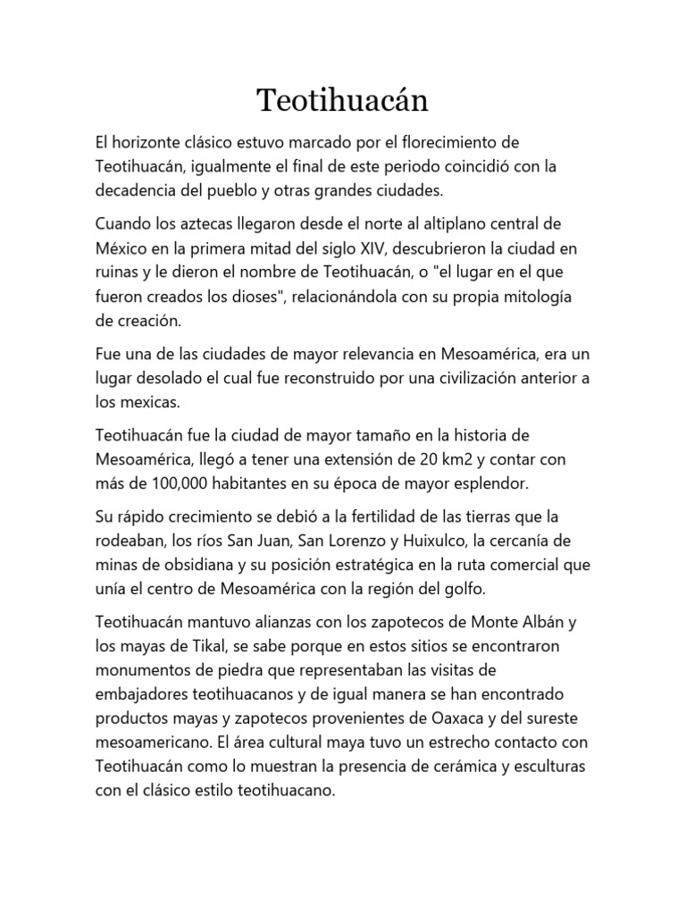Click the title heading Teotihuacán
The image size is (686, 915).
(343, 100)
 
